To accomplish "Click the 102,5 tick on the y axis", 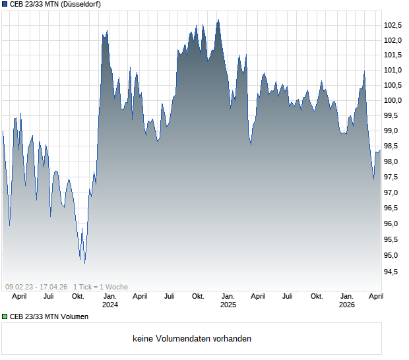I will click(x=393, y=25).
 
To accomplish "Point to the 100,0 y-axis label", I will click(x=393, y=100).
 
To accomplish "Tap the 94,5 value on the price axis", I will click(x=393, y=271).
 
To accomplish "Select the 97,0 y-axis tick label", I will click(x=393, y=193).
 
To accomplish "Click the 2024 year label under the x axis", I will click(x=110, y=305).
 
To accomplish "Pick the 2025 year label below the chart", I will click(x=228, y=305).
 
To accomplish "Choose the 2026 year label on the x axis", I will click(x=347, y=305).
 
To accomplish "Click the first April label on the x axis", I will click(x=19, y=296).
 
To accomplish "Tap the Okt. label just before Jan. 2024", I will click(x=78, y=296).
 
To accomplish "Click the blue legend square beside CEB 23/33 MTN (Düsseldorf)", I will click(x=5, y=4).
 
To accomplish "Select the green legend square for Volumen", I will click(x=5, y=316).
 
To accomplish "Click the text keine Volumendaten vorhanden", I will click(x=192, y=339).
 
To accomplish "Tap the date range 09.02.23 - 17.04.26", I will click(x=36, y=287).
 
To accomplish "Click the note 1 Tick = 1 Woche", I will click(x=100, y=287).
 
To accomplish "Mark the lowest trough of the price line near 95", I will click(x=85, y=263).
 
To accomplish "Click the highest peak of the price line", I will click(x=218, y=20).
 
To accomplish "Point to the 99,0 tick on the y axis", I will click(x=393, y=131).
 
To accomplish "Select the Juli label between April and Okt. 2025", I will click(x=288, y=296).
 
